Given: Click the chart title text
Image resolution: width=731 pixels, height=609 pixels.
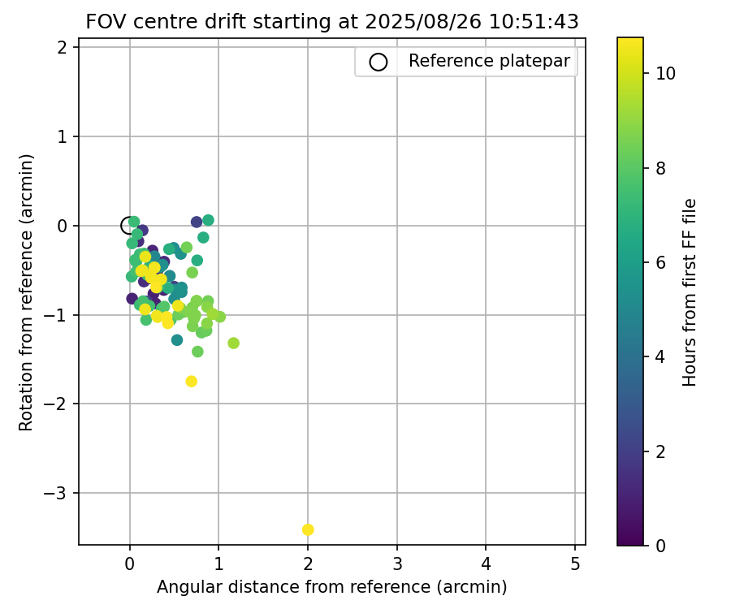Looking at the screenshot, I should click(332, 22).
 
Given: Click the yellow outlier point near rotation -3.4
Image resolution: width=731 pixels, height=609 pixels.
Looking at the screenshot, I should click(308, 529).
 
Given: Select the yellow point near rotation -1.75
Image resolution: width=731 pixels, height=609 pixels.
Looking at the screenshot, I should click(192, 381).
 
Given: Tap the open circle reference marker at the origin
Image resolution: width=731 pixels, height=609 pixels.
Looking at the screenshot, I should click(128, 225).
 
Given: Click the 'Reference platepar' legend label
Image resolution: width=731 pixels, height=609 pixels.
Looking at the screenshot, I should click(489, 61).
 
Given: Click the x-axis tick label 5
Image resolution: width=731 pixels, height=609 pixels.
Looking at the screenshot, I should click(575, 564).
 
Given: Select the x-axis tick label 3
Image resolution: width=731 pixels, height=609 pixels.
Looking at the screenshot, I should click(397, 564).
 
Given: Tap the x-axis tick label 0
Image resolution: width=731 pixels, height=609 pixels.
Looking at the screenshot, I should click(130, 564).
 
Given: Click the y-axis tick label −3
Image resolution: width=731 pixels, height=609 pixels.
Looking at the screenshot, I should click(60, 493).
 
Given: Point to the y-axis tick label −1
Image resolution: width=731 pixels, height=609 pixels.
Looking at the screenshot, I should click(60, 314).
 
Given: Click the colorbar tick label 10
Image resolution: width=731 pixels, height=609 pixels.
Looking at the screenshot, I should click(666, 73).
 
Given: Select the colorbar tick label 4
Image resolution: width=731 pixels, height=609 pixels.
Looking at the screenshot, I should click(661, 356).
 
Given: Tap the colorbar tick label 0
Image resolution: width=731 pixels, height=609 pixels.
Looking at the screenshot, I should click(661, 545).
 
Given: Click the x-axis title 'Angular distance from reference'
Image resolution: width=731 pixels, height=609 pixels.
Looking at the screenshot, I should click(331, 586).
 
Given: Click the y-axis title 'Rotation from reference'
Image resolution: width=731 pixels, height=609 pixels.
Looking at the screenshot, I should click(26, 292).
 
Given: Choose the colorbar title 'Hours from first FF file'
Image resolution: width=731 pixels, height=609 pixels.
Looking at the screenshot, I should click(690, 292).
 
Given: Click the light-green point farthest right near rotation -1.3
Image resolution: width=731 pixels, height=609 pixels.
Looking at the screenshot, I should click(233, 343).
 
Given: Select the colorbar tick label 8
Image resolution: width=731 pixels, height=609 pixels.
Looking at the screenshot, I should click(661, 168).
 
